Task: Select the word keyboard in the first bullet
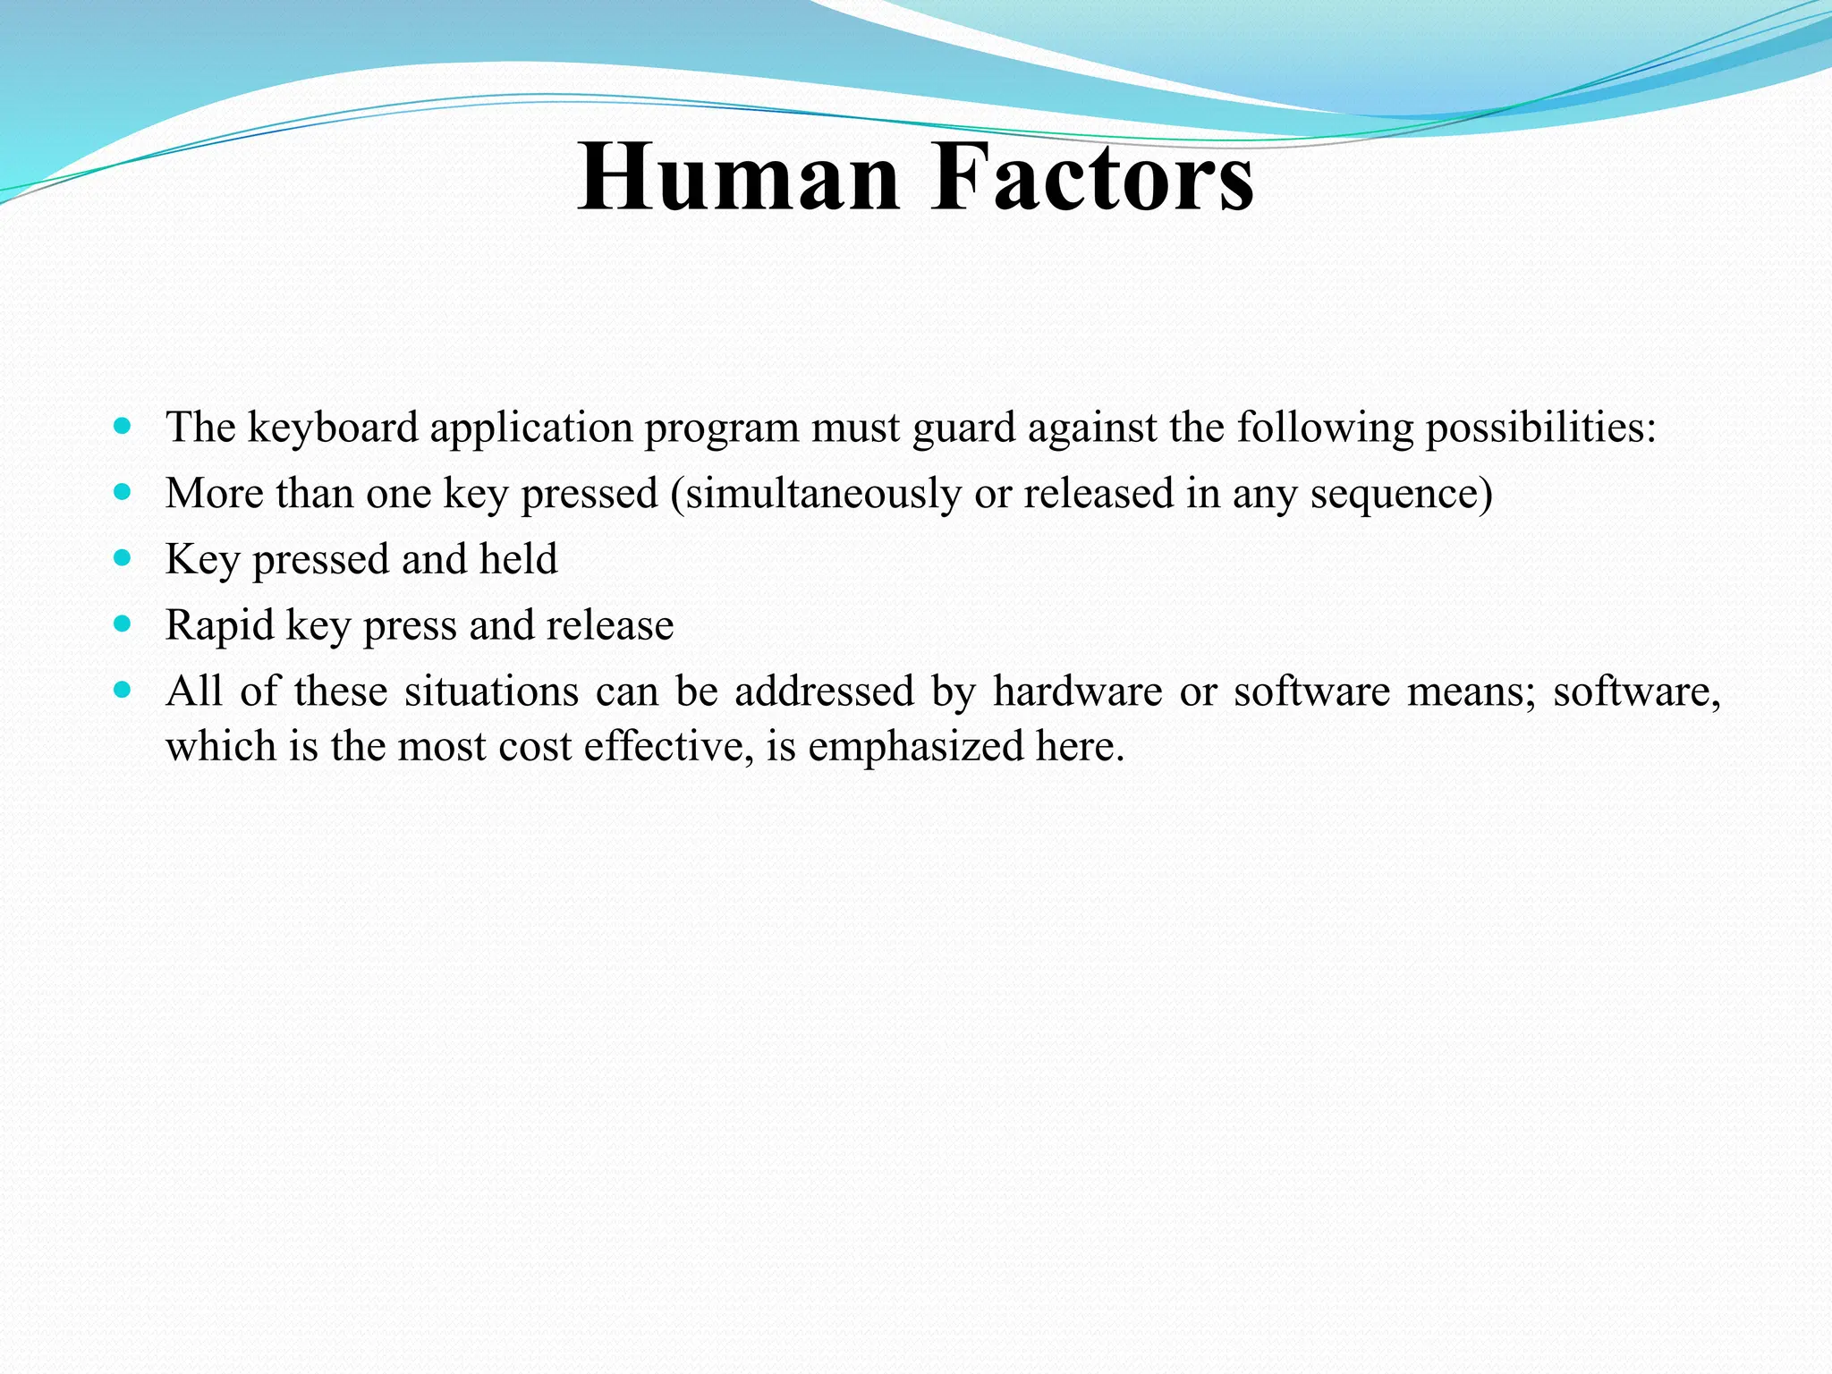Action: [333, 428]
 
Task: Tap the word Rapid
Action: [219, 625]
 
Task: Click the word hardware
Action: [1077, 691]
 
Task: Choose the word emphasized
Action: [915, 746]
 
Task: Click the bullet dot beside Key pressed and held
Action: [123, 558]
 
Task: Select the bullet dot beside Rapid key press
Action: [123, 623]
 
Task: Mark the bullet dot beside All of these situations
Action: [123, 690]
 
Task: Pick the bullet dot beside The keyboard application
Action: [123, 426]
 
